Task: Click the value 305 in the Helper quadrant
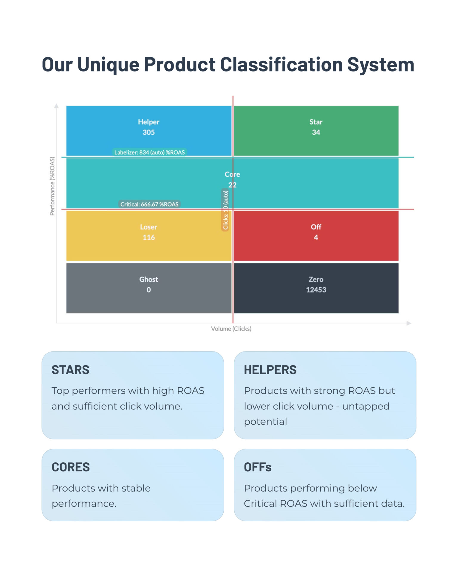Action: click(148, 132)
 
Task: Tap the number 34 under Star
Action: click(316, 132)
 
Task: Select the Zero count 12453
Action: click(316, 290)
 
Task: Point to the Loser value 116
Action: click(148, 237)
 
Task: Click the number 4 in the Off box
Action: click(316, 237)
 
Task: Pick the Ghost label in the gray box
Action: click(148, 279)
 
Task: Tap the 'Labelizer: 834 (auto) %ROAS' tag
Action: click(149, 152)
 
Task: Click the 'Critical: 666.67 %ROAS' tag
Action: click(149, 204)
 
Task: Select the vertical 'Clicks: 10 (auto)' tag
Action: click(225, 210)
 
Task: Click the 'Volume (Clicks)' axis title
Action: click(231, 329)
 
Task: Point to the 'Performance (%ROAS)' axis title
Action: click(52, 186)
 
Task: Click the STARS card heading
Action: click(70, 370)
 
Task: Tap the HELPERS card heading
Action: click(270, 370)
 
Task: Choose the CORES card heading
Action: click(71, 467)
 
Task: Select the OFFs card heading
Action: click(258, 467)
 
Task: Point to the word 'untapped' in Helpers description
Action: click(366, 406)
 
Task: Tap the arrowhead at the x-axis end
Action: click(409, 323)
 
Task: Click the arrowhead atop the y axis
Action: click(56, 106)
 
